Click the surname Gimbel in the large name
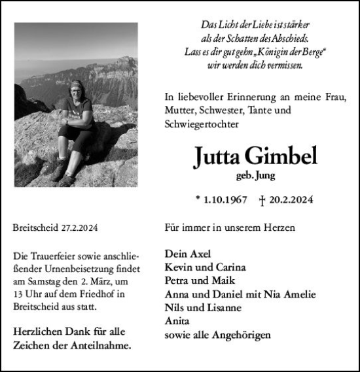click(x=283, y=157)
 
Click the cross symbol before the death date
click(x=262, y=199)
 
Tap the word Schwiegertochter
click(x=202, y=123)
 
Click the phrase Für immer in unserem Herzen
click(x=230, y=228)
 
